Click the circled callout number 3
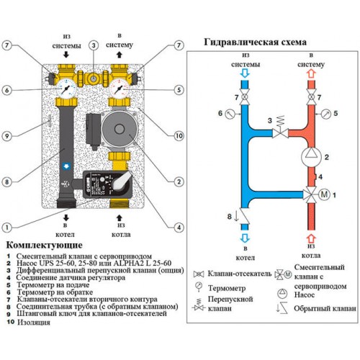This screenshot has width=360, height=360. click(94, 45)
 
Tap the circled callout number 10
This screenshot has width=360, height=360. click(179, 136)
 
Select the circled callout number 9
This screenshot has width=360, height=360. click(6, 136)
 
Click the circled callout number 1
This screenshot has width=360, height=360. click(6, 228)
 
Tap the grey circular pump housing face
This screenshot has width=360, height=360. click(119, 129)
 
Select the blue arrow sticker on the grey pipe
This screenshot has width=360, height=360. click(66, 166)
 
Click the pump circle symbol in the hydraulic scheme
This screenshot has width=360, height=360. click(311, 157)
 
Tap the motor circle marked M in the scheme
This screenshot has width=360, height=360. click(324, 194)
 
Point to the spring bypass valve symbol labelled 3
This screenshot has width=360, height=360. click(280, 127)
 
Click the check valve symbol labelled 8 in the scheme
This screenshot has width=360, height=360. click(244, 216)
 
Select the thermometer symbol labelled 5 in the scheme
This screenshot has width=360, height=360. click(326, 114)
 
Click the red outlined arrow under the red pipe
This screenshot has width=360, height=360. click(311, 238)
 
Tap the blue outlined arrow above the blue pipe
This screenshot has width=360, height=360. click(245, 73)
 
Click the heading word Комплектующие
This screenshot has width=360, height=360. click(44, 246)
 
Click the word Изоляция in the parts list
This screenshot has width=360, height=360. click(34, 323)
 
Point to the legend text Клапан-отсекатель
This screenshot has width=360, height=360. click(240, 274)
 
